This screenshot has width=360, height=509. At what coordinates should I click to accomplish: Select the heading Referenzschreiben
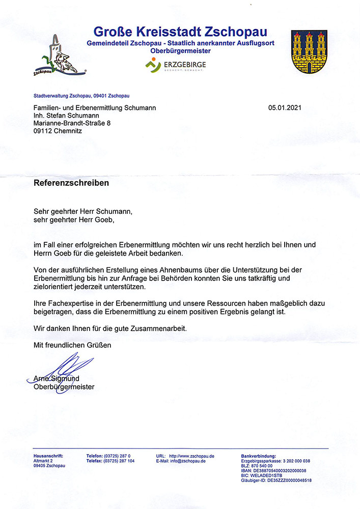point(71,182)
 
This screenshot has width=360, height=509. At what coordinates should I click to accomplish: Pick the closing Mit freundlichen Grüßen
point(72,345)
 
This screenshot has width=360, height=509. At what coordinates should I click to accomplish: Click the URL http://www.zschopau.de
point(191,456)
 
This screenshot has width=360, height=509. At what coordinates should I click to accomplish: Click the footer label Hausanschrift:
point(48,456)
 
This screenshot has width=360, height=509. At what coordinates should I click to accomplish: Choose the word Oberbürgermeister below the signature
point(64,387)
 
